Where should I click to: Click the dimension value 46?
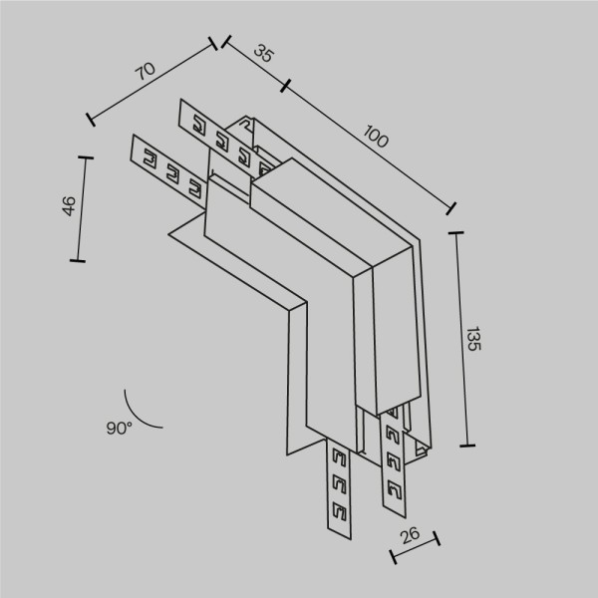[68, 206]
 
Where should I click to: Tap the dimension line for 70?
[152, 82]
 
